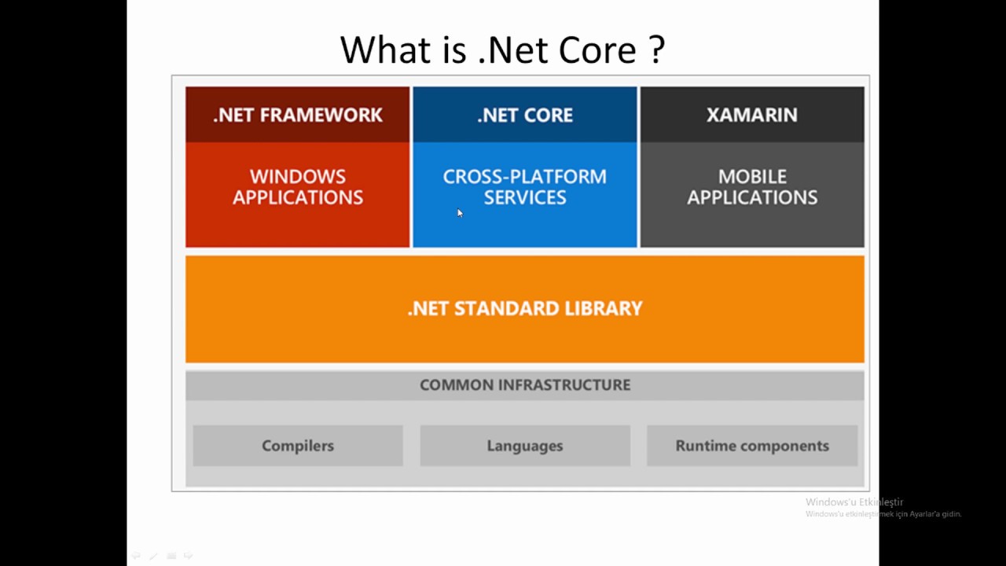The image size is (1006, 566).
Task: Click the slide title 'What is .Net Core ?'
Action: tap(502, 50)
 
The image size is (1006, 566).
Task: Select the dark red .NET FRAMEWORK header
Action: tap(297, 115)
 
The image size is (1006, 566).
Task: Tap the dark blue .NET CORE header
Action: tap(524, 115)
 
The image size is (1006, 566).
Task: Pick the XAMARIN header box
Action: tap(751, 115)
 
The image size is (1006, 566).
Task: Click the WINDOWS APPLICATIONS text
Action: tap(297, 187)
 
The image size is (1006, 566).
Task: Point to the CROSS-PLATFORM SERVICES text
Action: tap(524, 187)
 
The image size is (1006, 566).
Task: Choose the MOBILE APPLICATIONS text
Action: tap(751, 187)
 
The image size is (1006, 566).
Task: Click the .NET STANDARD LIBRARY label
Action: tap(524, 308)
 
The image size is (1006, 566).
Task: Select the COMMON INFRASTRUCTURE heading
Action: tap(524, 385)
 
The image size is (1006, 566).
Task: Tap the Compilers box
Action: tap(297, 446)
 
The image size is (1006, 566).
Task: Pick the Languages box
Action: tap(524, 446)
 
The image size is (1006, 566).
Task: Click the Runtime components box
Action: tap(751, 446)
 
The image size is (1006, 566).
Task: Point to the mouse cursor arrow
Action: tap(460, 213)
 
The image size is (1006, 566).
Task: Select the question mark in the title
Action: tap(657, 50)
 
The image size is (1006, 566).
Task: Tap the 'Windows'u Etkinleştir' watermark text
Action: tap(854, 502)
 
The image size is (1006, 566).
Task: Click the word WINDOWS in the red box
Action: tap(297, 177)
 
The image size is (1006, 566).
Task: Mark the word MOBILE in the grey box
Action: tap(751, 177)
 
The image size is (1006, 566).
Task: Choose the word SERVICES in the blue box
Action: tap(524, 198)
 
